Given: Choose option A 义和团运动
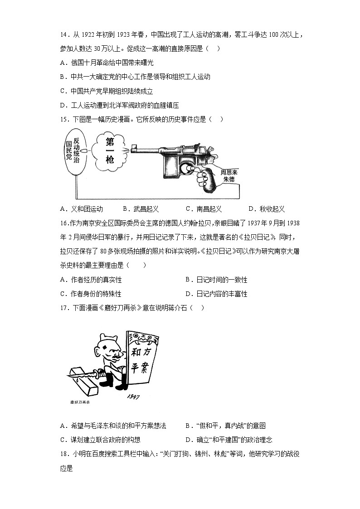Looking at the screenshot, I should pos(82,209).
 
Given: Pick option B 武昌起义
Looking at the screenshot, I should pos(141,209).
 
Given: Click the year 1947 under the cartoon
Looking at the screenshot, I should pos(133,397).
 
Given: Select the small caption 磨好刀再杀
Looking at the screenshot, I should pos(80,402).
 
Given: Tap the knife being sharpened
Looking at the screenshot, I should pos(84,374).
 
